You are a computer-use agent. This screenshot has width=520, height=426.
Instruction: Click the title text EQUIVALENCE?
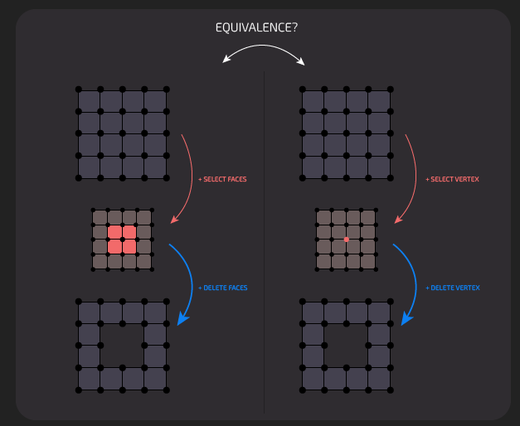[256, 27]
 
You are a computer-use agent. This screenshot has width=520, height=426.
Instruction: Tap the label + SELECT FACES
[222, 179]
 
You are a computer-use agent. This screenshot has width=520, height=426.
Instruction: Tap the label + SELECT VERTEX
[452, 179]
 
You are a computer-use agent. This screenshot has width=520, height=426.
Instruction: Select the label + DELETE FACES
[223, 288]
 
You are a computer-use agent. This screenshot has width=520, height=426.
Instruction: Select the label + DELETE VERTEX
[452, 288]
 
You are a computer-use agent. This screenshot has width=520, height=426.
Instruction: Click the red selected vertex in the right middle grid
[346, 240]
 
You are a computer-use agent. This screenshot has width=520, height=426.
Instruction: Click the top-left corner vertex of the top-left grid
[79, 90]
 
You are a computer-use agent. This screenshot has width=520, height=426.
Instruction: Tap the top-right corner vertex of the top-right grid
[390, 90]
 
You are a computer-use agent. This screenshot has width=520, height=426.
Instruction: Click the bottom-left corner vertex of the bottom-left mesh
[79, 390]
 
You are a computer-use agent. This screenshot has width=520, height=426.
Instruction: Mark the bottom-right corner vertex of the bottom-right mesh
[390, 390]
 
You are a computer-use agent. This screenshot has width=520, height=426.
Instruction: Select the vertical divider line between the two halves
[264, 249]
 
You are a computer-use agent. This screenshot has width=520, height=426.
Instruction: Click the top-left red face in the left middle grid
[115, 232]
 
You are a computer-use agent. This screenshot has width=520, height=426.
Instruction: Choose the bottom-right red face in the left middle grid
[129, 246]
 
